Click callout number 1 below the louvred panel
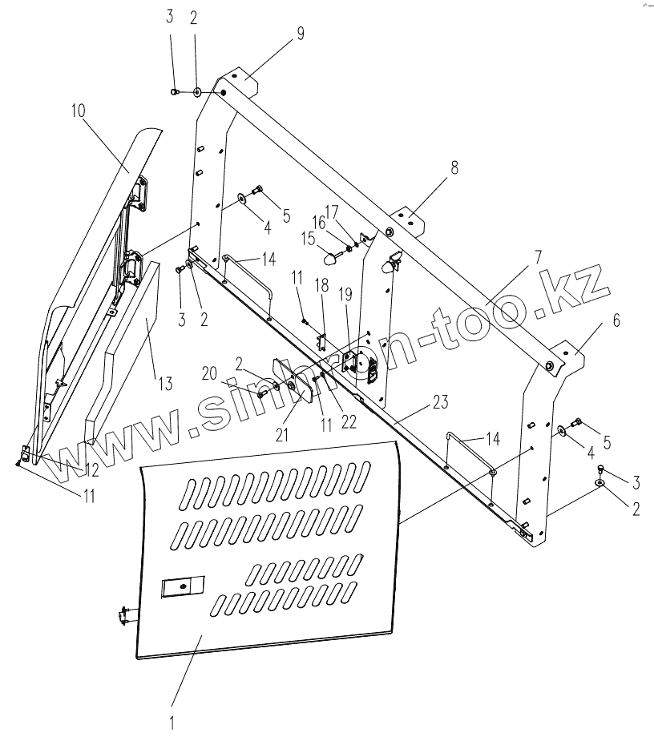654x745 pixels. click(172, 721)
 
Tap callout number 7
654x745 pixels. click(537, 257)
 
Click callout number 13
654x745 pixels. click(164, 383)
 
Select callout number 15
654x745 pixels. click(309, 238)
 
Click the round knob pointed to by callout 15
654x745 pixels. click(330, 258)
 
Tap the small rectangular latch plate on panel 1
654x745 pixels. click(184, 588)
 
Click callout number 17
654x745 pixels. click(344, 212)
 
